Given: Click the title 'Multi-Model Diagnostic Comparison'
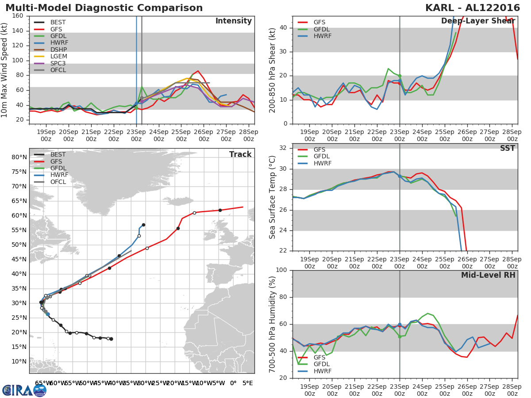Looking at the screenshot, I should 104,8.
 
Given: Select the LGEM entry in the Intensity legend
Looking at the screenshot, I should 59,57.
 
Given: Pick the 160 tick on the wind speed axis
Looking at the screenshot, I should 18,16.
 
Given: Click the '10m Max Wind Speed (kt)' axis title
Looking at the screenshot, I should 5,70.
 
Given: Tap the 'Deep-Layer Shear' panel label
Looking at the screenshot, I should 478,21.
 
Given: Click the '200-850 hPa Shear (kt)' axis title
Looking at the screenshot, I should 273,70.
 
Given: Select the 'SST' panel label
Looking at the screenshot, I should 507,148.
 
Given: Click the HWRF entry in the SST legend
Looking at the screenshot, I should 323,164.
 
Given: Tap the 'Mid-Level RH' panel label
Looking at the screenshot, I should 488,275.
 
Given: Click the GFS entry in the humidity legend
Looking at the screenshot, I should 321,357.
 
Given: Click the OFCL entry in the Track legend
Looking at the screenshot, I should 58,182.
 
